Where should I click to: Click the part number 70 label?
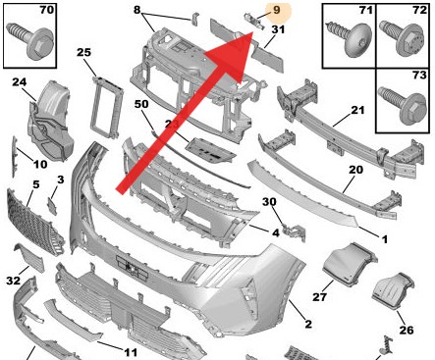pyautogui.click(x=46, y=10)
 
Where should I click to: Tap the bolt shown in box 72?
pyautogui.click(x=402, y=39)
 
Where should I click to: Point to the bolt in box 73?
pyautogui.click(x=403, y=106)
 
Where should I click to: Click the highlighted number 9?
pyautogui.click(x=277, y=10)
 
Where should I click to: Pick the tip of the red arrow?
pyautogui.click(x=253, y=32)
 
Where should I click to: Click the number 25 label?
pyautogui.click(x=83, y=52)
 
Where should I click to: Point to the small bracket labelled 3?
pyautogui.click(x=52, y=206)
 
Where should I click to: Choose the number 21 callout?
pyautogui.click(x=357, y=110)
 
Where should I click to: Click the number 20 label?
pyautogui.click(x=355, y=170)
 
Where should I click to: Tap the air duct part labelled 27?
pyautogui.click(x=349, y=264)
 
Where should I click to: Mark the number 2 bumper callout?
pyautogui.click(x=308, y=324)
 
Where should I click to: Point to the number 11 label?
pyautogui.click(x=131, y=352)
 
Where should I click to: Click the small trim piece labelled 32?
pyautogui.click(x=29, y=258)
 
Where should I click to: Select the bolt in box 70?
pyautogui.click(x=31, y=41)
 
